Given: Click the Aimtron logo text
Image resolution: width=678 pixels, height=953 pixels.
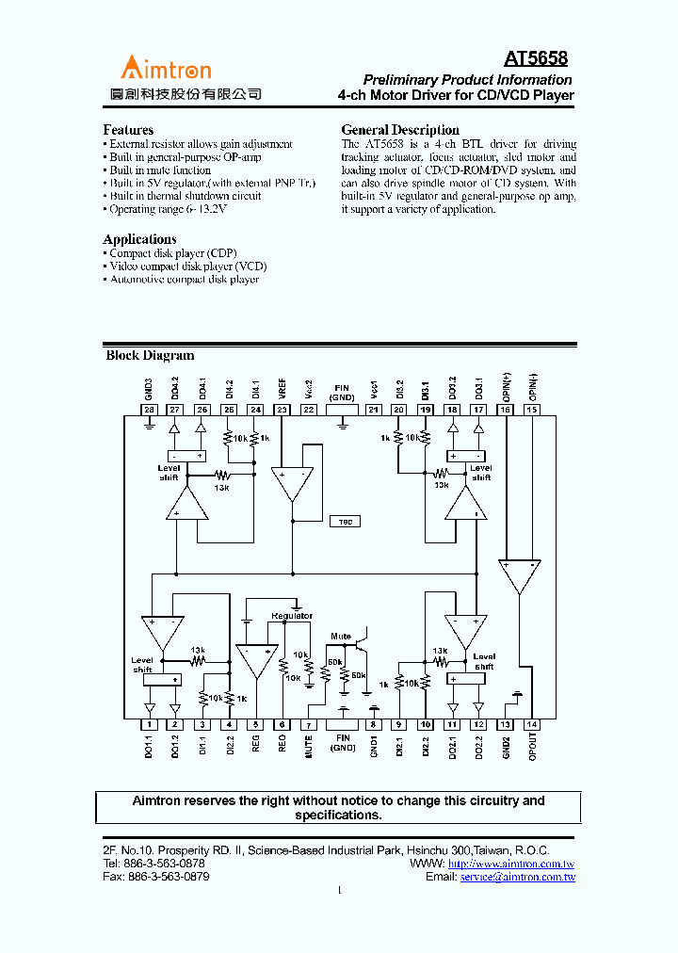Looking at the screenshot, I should point(165,68).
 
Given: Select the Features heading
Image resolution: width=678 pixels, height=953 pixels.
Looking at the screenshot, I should point(128,130).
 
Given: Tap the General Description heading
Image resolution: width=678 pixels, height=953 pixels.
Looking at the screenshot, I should point(400,130).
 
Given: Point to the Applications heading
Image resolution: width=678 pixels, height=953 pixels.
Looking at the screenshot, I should point(139,239).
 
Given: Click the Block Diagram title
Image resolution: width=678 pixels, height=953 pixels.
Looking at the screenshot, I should point(150,356).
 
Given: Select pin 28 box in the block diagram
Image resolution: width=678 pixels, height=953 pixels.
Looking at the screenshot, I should point(149,410).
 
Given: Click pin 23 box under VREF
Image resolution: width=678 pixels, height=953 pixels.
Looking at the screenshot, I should point(282,410).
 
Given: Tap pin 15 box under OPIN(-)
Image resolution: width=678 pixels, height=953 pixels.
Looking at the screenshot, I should point(533,410).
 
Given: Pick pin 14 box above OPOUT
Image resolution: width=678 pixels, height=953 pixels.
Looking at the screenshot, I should point(533,724).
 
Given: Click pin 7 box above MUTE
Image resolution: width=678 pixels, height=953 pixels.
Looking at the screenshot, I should point(308,724).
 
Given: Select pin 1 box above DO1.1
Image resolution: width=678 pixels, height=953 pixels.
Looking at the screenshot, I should point(149,724).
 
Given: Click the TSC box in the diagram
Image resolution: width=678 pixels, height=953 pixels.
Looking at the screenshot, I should point(345,522).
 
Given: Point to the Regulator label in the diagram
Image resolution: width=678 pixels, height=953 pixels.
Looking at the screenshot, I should point(292,616).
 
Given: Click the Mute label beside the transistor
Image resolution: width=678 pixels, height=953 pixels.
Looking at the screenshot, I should point(340,637).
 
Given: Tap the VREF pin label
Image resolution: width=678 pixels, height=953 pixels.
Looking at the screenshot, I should point(282,388).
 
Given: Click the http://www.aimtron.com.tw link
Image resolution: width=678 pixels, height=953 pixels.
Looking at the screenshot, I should point(511,864).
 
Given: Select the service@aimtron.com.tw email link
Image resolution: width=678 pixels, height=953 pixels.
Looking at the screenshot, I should point(517,877).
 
